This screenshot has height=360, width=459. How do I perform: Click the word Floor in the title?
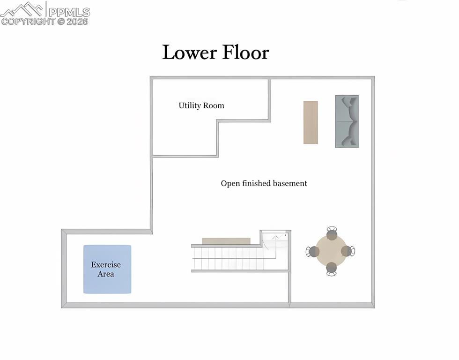coord(245,52)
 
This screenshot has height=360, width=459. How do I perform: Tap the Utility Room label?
coord(201,105)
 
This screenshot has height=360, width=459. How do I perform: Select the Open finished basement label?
coord(264,183)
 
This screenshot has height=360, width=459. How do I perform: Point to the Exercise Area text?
coord(106,270)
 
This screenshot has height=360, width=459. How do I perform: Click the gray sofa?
coord(347,121)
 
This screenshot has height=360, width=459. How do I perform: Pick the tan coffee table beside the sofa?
coord(311,122)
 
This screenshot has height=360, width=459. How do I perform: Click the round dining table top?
coord(331,251)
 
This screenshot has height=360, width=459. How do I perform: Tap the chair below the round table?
coord(331,269)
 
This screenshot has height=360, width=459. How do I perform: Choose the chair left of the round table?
coord(312,251)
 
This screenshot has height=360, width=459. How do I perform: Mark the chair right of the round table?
coord(348,251)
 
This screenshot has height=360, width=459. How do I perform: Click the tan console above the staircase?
coord(226,241)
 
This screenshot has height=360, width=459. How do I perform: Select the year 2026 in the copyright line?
coord(77,21)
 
